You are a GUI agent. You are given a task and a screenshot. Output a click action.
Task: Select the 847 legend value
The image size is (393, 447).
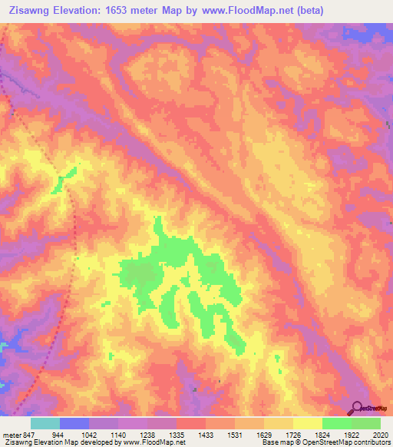click(x=28, y=435)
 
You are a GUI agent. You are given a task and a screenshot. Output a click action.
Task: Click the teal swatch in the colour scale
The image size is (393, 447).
click(x=45, y=423)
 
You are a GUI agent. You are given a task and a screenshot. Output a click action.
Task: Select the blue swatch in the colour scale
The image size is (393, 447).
click(x=74, y=423)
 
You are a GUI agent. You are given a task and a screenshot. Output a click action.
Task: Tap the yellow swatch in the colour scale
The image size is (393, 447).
click(x=308, y=423)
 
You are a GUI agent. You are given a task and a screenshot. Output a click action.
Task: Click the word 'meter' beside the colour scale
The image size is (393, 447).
click(x=11, y=435)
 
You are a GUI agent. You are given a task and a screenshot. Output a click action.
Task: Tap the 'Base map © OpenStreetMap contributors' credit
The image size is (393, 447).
click(x=325, y=443)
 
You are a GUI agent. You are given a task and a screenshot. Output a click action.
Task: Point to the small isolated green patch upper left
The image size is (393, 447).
click(x=63, y=180)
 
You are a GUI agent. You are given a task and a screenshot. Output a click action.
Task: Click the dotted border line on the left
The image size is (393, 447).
click(x=74, y=230)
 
